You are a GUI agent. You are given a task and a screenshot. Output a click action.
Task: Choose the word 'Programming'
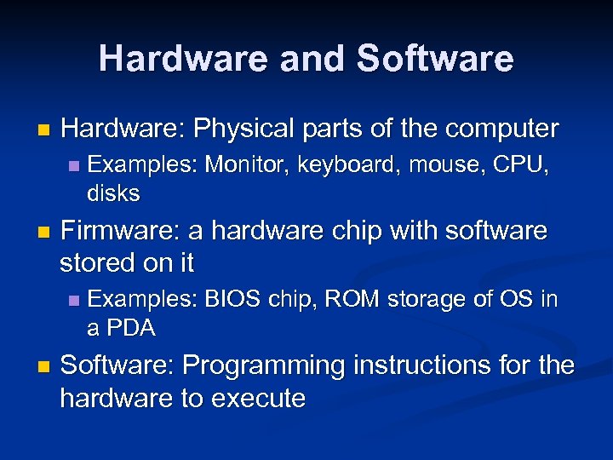tap(262, 366)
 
